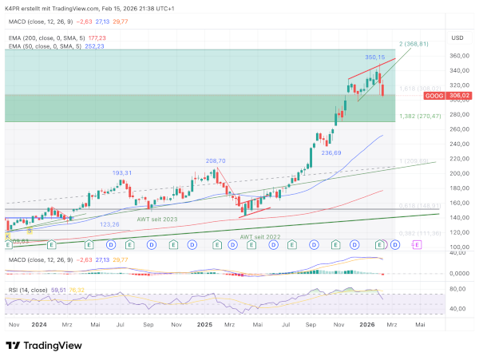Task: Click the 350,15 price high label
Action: coord(375,57)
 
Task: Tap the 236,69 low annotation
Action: coord(331,152)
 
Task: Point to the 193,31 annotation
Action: coord(121,172)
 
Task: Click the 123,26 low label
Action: coord(109,224)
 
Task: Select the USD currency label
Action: coord(457,38)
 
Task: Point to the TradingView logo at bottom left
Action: coord(46,346)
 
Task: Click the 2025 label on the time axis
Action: coord(204,326)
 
